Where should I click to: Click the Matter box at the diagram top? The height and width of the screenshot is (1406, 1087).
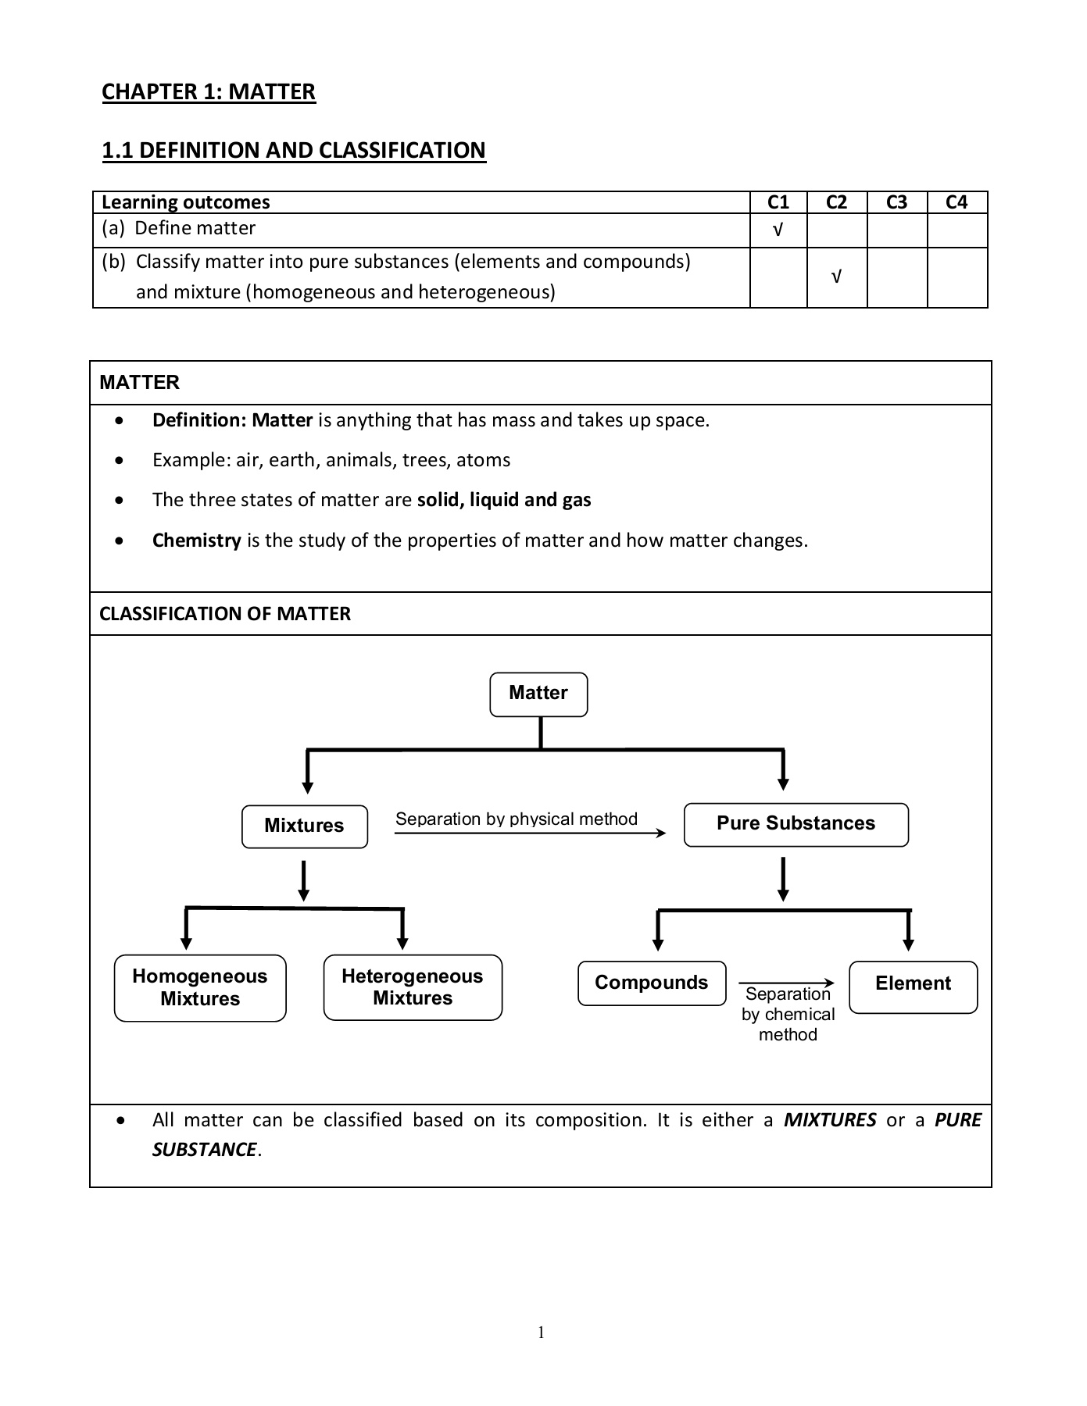(538, 694)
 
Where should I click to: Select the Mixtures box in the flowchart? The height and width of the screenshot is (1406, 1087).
(304, 826)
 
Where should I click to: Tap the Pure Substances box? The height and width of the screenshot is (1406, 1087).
(796, 824)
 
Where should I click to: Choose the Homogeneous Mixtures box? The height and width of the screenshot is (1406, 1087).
(200, 987)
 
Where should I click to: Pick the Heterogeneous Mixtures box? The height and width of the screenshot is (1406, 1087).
(413, 987)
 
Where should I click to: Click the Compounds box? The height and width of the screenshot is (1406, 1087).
(651, 983)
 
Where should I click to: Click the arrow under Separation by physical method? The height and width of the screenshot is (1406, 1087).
(530, 833)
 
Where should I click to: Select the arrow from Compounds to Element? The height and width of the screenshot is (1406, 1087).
(786, 983)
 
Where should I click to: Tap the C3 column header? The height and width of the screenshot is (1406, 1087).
(896, 202)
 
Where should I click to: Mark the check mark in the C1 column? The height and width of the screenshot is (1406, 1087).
(778, 230)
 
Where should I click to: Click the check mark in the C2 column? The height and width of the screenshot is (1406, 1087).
(836, 277)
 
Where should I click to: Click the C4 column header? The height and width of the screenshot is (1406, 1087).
(956, 202)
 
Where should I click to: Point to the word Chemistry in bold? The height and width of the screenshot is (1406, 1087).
(196, 541)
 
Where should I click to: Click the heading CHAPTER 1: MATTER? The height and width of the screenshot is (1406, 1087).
(209, 92)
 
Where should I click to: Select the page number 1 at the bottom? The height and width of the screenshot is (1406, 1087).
(541, 1333)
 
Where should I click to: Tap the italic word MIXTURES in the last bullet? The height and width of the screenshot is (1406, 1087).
(829, 1120)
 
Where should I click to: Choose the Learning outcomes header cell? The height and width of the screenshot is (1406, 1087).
(186, 202)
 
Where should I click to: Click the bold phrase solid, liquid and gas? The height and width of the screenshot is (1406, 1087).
(504, 500)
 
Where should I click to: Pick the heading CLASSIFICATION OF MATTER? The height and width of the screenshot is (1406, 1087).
(225, 614)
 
